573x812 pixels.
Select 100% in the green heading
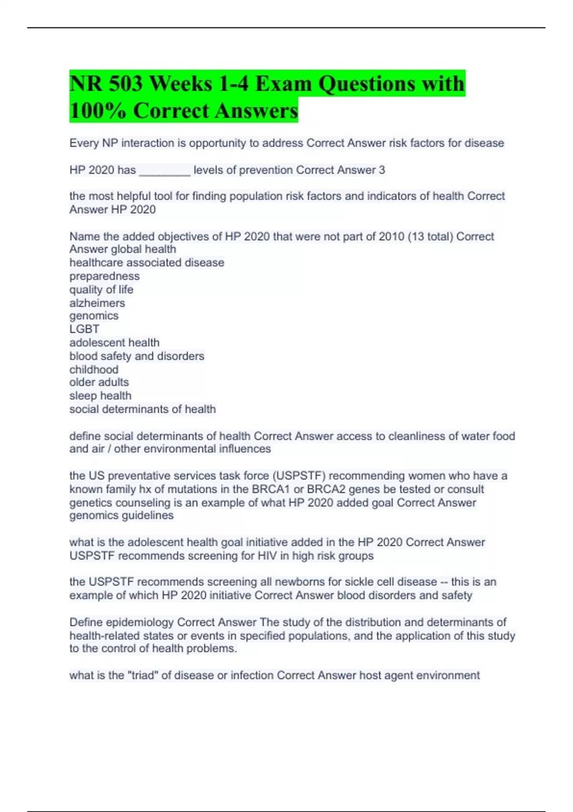[98, 111]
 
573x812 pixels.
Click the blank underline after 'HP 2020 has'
[165, 171]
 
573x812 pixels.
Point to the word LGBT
[85, 329]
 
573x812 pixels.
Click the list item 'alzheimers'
[97, 303]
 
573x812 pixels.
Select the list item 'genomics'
[94, 316]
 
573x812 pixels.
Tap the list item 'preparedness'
[105, 276]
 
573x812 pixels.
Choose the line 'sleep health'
[100, 395]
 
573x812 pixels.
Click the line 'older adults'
[99, 382]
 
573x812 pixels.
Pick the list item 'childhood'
[94, 369]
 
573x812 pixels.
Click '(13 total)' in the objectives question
[430, 236]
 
